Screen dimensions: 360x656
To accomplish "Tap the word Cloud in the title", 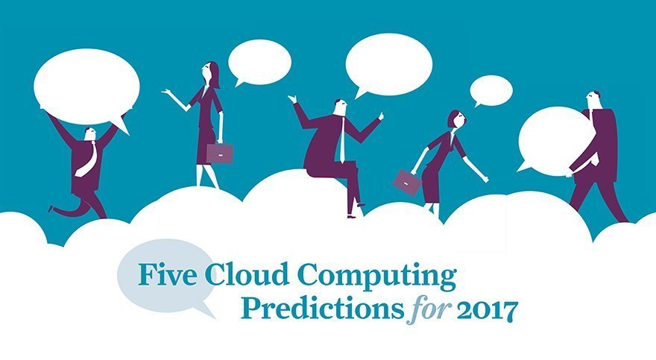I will click(x=228, y=275).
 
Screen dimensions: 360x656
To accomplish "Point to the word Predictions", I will click(x=326, y=309).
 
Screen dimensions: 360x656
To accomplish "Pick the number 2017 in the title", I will click(x=488, y=309).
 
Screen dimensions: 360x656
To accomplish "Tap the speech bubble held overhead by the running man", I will click(x=86, y=86).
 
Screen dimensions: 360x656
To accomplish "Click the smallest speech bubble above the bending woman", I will click(x=491, y=90).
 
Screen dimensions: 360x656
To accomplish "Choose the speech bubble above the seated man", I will click(x=388, y=65).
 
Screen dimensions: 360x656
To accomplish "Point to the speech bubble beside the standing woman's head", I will click(x=259, y=62).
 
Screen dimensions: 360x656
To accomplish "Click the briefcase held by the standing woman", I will click(x=220, y=153).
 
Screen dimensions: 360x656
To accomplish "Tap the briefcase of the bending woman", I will click(x=407, y=181).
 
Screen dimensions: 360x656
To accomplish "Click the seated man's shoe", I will click(x=351, y=215).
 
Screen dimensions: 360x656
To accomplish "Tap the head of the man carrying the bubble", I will click(x=594, y=98).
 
